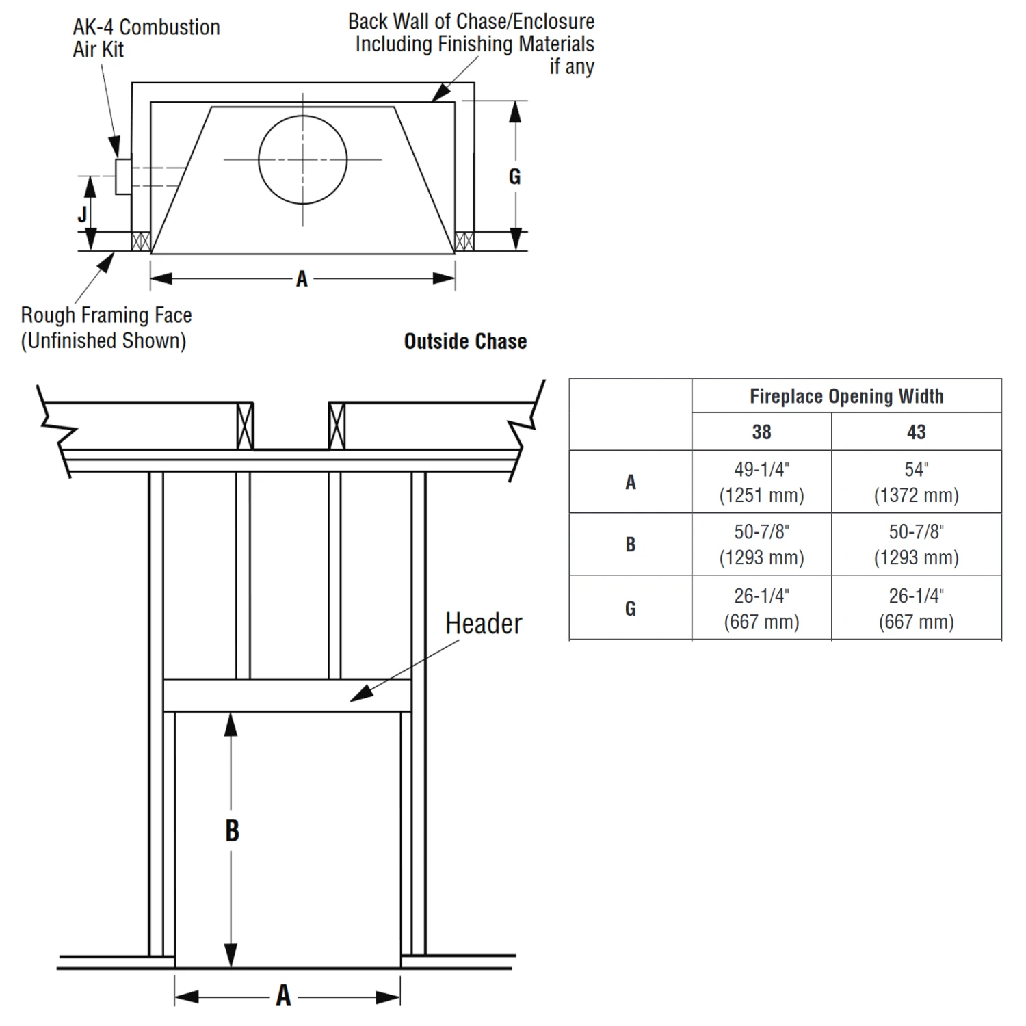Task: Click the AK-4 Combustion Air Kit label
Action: [x=146, y=38]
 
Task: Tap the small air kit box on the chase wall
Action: [x=123, y=176]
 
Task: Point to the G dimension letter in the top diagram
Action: [x=514, y=176]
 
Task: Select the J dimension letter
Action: [x=82, y=214]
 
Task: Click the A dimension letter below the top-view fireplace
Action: [x=302, y=279]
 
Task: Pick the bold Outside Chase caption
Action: [x=465, y=341]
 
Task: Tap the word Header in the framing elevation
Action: [x=484, y=624]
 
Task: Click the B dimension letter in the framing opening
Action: [x=232, y=831]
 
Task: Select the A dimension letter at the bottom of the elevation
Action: [x=283, y=995]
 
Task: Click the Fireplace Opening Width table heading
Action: [x=846, y=396]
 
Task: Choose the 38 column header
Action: [x=761, y=432]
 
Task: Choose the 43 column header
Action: [x=916, y=432]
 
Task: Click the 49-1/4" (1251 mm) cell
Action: [x=761, y=482]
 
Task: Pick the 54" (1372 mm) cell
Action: [x=916, y=482]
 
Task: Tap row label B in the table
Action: [x=630, y=544]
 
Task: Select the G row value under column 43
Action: [x=916, y=609]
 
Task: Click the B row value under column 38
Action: [x=761, y=544]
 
